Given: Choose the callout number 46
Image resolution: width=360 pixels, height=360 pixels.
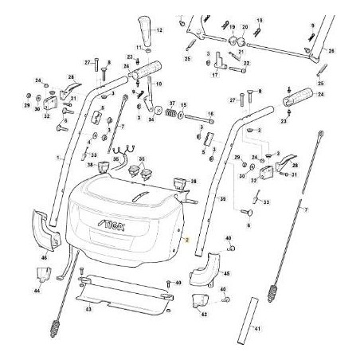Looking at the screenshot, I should (x=45, y=259).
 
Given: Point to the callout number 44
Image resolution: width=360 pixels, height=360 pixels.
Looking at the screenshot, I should (x=37, y=292).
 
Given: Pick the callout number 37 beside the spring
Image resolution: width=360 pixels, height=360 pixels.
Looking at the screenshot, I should (x=171, y=104).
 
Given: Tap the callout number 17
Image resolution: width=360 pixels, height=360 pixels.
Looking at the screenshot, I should (x=215, y=76).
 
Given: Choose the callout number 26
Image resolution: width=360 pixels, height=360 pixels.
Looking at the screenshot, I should (x=331, y=50).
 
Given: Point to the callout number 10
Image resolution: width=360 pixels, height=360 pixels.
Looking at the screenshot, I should (x=158, y=82).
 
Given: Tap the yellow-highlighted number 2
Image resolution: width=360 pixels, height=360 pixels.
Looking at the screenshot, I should (x=185, y=239).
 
